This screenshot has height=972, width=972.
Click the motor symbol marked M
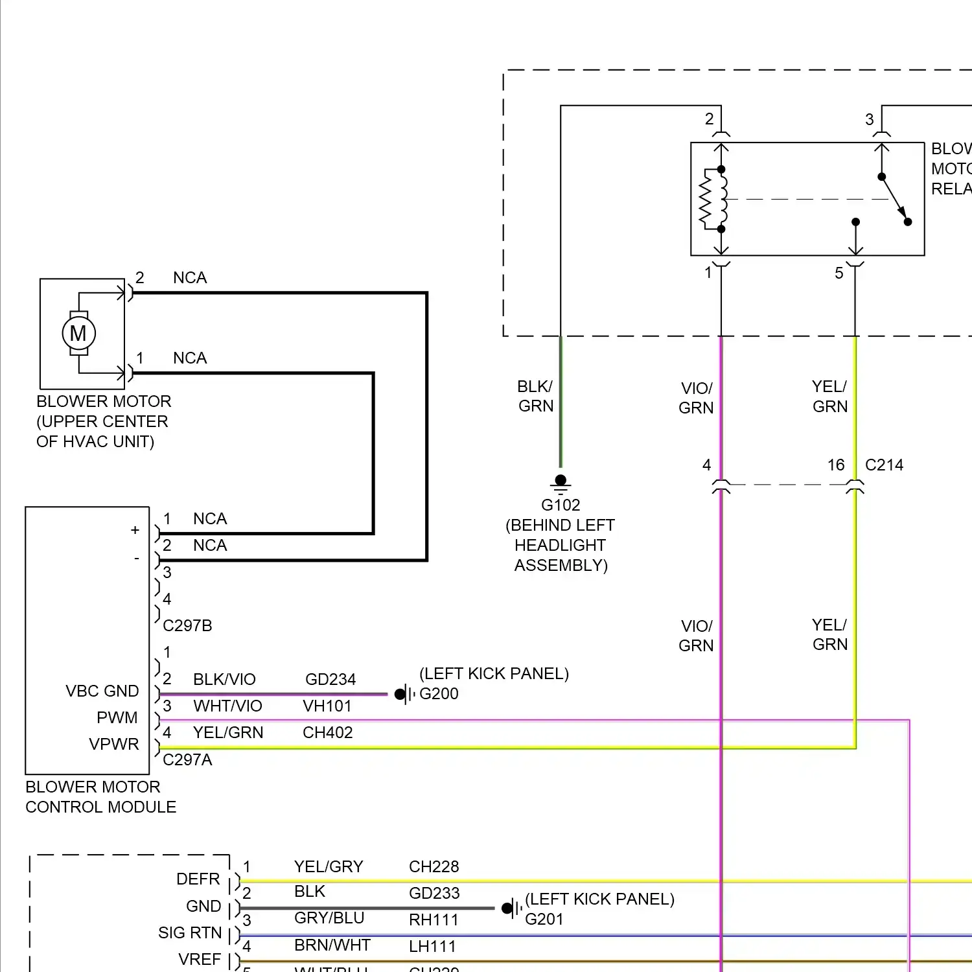coord(78,333)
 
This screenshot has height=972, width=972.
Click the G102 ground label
coord(561,505)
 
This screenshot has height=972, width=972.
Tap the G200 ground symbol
coord(404,694)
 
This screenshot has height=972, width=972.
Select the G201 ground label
coord(544,919)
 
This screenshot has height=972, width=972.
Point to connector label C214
coord(884,465)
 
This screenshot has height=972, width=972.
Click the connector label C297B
coord(187,625)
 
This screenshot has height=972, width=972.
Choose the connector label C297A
coord(187,759)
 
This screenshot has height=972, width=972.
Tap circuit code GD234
coord(330,679)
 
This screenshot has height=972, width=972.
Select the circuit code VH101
coord(327,706)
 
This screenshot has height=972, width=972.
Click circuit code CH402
coord(328,732)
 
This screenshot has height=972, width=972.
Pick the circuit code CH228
coord(434,866)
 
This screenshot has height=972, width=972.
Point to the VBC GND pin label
coord(102,691)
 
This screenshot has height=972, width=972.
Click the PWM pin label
coord(117,717)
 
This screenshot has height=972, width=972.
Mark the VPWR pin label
coord(114,744)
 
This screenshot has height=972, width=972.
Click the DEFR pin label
coord(198,879)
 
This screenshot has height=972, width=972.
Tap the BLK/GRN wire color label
coord(535,396)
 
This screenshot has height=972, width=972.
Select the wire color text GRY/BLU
coord(329,918)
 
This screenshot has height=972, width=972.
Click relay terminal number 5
coord(839,273)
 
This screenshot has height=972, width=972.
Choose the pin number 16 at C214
coord(836,465)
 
